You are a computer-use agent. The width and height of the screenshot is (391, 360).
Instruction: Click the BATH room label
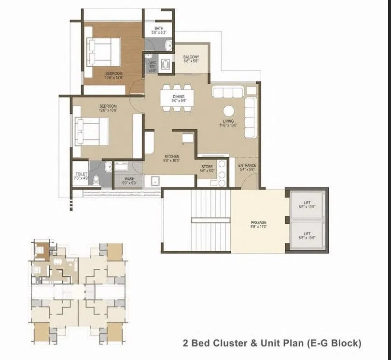pyautogui.click(x=159, y=29)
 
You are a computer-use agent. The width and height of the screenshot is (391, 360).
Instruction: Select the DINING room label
pyautogui.click(x=179, y=97)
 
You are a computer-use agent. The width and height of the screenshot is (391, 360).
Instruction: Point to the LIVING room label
pyautogui.click(x=228, y=121)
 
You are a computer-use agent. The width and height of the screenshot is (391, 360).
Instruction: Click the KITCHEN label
pyautogui.click(x=172, y=157)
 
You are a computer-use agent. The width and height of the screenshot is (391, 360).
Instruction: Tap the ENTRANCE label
pyautogui.click(x=247, y=166)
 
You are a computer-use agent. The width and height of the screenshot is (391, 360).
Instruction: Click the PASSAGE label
pyautogui.click(x=259, y=223)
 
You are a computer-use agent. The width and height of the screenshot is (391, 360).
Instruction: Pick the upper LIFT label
pyautogui.click(x=307, y=203)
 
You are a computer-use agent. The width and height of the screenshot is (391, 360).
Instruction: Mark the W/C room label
pyautogui.click(x=152, y=63)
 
